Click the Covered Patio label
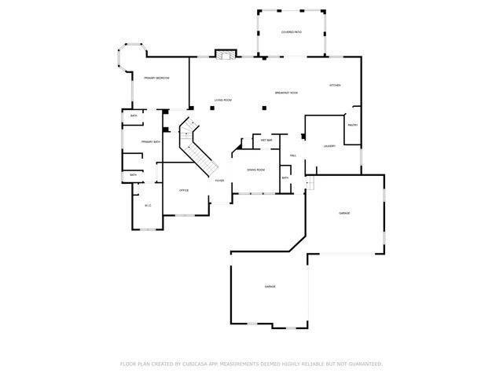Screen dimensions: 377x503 pos(292,32)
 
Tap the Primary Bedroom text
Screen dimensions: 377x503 pos(156,78)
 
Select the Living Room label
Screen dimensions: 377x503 pos(223,100)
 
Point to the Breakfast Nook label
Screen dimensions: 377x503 pos(286,93)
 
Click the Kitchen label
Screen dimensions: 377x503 pos(334,85)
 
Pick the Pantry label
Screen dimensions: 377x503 pos(352,125)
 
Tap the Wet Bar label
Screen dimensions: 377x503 pos(266,140)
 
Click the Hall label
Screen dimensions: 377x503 pos(292,156)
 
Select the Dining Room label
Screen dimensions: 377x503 pos(255,170)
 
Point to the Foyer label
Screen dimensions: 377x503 pos(220,181)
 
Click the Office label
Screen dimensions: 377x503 pos(184,190)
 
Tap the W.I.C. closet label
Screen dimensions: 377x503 pos(147,206)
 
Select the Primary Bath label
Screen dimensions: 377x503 pos(151,141)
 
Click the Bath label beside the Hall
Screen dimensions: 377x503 pos(285,178)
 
